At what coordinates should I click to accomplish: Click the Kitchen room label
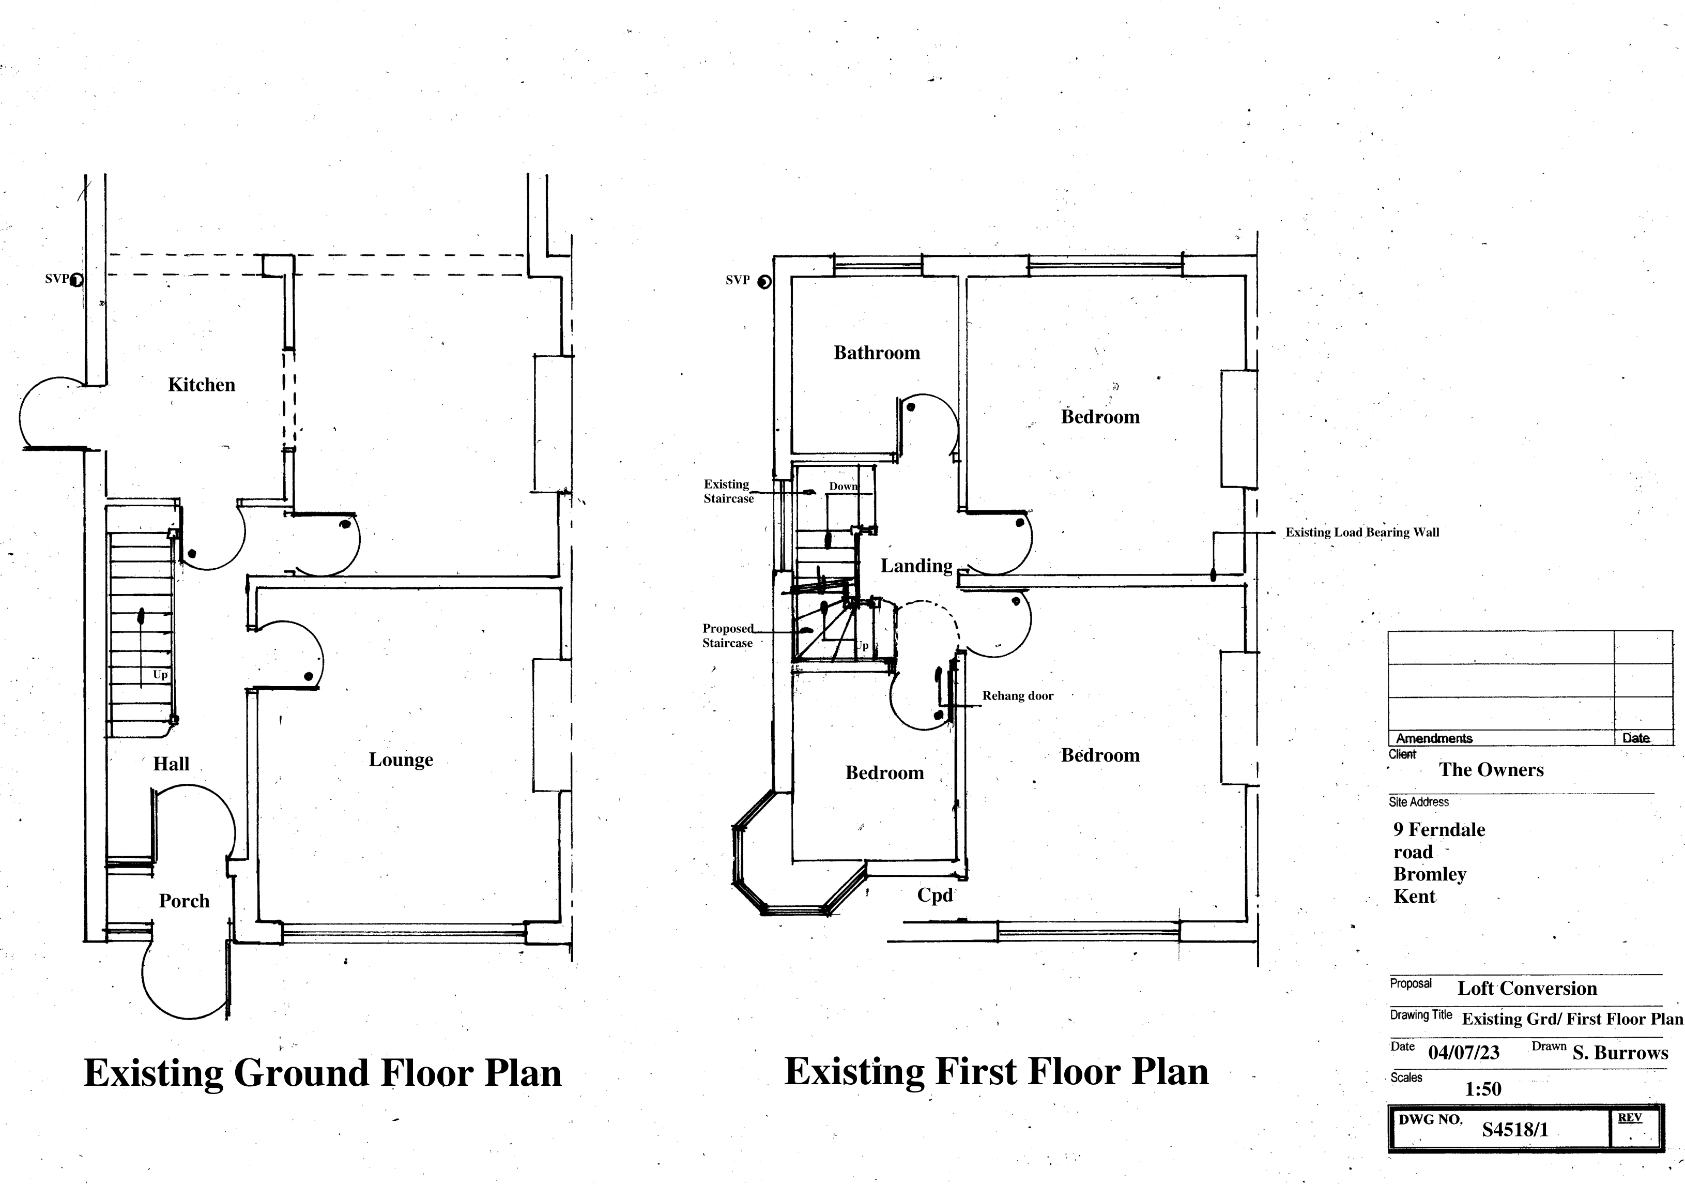pos(202,385)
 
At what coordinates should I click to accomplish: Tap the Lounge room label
pos(401,760)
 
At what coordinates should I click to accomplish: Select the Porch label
pos(184,901)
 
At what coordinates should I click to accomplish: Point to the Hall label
pos(171,764)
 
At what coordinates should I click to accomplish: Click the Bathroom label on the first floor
pos(877,353)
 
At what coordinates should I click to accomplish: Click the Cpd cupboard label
pos(935,895)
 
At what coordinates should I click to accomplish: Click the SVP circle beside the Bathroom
pos(764,282)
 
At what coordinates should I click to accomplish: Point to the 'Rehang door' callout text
pos(1018,696)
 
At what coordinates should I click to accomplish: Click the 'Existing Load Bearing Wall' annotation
pos(1362,532)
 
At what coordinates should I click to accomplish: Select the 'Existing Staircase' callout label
pos(729,491)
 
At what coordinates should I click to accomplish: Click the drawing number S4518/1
pos(1515,1130)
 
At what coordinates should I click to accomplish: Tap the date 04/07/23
pos(1463,1053)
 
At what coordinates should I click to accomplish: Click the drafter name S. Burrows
pos(1620,1053)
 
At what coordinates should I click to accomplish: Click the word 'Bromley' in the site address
pos(1430,874)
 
